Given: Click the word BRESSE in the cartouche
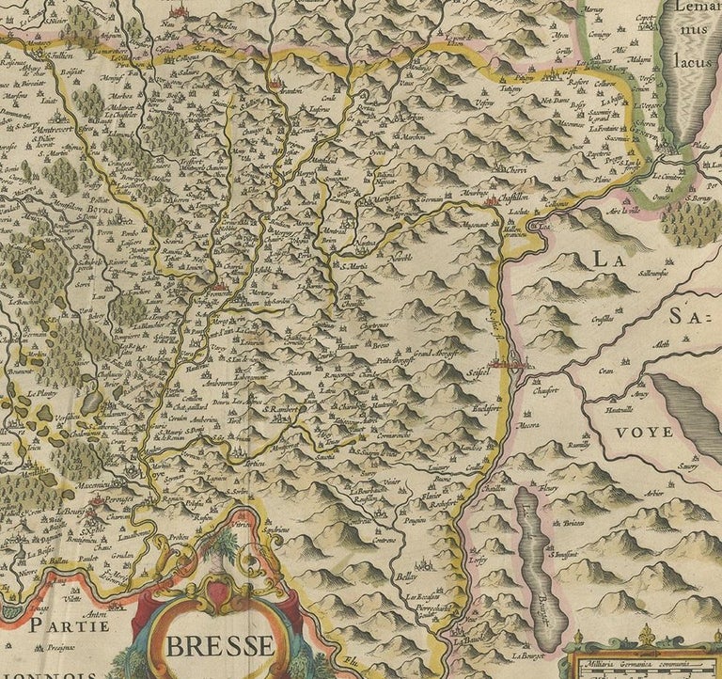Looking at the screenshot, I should (x=223, y=647).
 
